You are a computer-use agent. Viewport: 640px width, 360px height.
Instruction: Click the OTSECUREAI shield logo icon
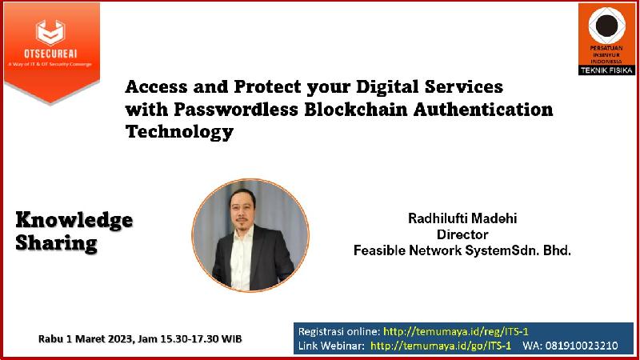(x=50, y=32)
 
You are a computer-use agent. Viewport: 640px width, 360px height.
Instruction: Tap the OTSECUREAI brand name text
(x=50, y=54)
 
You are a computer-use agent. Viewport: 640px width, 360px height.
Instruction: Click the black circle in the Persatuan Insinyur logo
(x=606, y=25)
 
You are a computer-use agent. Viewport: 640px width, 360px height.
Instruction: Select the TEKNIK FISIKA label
(x=606, y=70)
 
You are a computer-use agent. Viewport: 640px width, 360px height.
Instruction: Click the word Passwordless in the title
(x=236, y=110)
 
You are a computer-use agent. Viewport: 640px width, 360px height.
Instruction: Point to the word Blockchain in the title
(x=355, y=110)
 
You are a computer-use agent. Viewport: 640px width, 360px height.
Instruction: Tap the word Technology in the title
(x=179, y=132)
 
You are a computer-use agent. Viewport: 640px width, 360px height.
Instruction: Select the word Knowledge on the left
(x=74, y=221)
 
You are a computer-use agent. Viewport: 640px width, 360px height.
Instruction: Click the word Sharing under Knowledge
(x=56, y=243)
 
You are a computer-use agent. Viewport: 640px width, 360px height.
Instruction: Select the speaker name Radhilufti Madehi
(x=462, y=218)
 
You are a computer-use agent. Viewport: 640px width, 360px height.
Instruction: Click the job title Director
(x=462, y=234)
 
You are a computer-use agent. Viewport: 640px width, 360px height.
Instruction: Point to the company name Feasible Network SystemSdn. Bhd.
(x=462, y=250)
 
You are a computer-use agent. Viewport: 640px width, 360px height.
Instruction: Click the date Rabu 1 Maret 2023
(x=86, y=338)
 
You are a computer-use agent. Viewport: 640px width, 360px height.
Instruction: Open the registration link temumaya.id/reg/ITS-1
(x=455, y=331)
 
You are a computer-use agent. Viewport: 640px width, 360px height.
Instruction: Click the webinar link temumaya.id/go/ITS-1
(x=441, y=346)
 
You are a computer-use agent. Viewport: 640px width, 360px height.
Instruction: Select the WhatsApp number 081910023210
(x=582, y=346)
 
